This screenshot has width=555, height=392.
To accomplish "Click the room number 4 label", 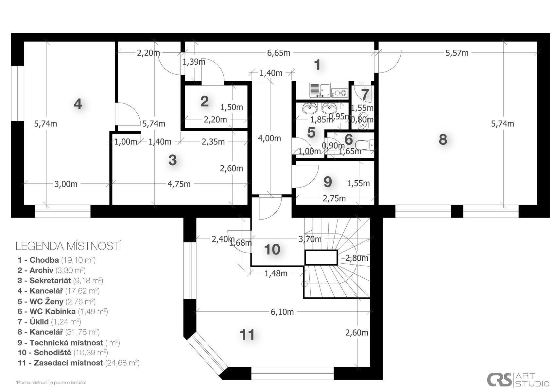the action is [78, 104].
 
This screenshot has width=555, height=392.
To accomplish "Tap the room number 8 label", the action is [443, 139].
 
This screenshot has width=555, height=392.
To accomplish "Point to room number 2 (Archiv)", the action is [204, 101].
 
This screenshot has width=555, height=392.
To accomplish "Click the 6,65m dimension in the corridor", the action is [279, 53].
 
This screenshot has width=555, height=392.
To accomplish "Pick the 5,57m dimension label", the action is [457, 53].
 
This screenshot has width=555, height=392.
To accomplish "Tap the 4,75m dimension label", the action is [179, 184].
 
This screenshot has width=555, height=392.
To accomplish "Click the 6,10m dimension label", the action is [282, 312].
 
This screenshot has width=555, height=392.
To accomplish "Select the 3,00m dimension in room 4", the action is [66, 184].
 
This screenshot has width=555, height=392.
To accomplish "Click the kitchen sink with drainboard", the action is [320, 90].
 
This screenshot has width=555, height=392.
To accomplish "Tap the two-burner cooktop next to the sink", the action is [340, 93].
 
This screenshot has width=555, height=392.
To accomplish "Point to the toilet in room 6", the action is [364, 145].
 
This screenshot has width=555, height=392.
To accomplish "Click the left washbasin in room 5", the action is [310, 108].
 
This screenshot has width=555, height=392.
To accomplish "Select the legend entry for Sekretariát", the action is [60, 280].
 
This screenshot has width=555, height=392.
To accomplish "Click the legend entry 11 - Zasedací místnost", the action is [78, 363].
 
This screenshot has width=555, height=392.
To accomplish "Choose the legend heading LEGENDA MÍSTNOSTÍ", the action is [68, 246].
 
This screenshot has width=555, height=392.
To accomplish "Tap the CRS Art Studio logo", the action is [518, 379].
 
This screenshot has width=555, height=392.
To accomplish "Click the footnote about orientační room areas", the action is [51, 382].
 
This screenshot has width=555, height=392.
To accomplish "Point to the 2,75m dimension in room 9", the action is [334, 198].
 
